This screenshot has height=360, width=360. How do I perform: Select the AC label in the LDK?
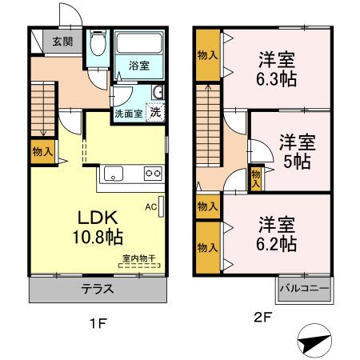150,206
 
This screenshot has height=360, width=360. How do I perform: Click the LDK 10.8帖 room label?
99,226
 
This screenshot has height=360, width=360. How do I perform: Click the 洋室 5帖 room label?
297,151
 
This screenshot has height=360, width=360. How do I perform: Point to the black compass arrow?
314,341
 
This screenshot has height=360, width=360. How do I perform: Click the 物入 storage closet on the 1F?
43,150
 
